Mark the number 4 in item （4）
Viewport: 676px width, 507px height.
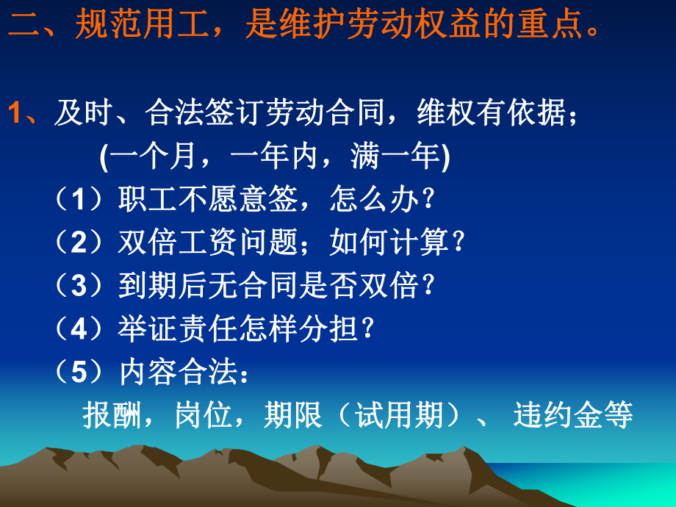click(80, 329)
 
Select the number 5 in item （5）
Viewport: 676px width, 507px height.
click(80, 373)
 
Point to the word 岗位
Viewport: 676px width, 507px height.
click(205, 416)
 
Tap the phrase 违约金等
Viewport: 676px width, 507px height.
click(573, 416)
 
